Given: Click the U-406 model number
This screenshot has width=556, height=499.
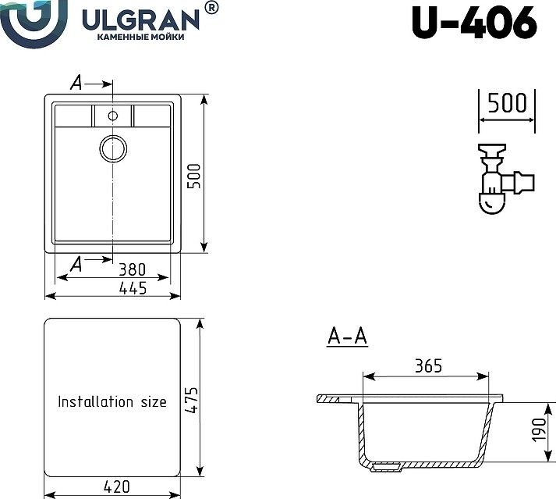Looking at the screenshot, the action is (x=475, y=23).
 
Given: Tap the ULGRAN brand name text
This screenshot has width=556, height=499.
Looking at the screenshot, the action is (x=141, y=20).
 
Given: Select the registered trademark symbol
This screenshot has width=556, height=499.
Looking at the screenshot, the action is (x=211, y=8).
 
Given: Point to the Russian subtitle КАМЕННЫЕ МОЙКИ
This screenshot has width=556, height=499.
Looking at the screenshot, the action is (x=141, y=37).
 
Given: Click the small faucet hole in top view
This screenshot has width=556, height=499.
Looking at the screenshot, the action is (x=113, y=116).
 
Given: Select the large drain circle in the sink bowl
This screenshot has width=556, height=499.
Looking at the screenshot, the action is (x=113, y=148).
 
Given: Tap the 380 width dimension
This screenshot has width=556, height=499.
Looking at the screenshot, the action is (x=132, y=269).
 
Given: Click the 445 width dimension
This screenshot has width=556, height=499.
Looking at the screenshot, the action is (x=133, y=288).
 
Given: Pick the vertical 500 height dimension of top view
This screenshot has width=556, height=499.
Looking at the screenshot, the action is (x=194, y=176).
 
